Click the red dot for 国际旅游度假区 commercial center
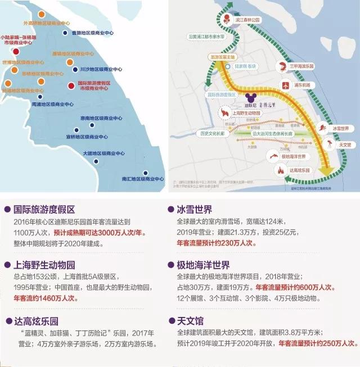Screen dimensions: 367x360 (71, 86)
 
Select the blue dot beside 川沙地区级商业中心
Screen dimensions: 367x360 (76, 70)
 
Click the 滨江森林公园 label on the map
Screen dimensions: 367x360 (248, 20)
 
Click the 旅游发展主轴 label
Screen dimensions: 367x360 (223, 57)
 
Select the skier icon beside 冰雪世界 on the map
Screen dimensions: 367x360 (323, 128)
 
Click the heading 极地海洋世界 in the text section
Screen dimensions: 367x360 (207, 266)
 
